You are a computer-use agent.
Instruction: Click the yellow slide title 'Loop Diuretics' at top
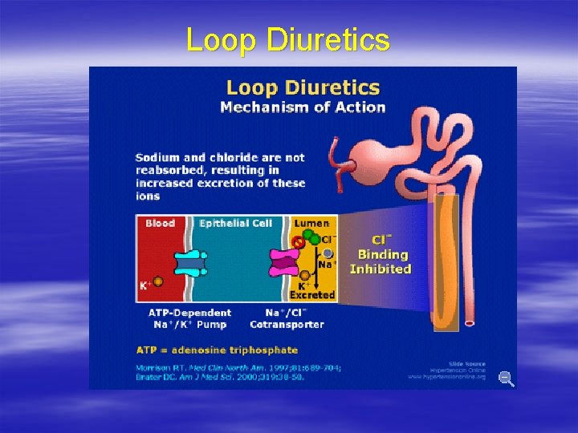(288, 39)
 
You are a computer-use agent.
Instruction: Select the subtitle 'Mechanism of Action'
(303, 107)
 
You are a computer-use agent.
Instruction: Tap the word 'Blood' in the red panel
(160, 223)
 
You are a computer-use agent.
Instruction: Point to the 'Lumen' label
(311, 223)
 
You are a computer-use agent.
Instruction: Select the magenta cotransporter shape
(283, 262)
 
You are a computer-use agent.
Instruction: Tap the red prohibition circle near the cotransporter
(299, 240)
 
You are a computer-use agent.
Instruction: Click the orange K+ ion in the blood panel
(158, 282)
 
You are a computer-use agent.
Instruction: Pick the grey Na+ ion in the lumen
(328, 253)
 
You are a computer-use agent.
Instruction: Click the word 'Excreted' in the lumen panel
(311, 295)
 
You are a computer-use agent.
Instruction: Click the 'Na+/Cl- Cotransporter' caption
(287, 318)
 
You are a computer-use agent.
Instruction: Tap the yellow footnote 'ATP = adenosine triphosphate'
(216, 350)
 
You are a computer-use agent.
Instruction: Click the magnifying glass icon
(506, 378)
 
